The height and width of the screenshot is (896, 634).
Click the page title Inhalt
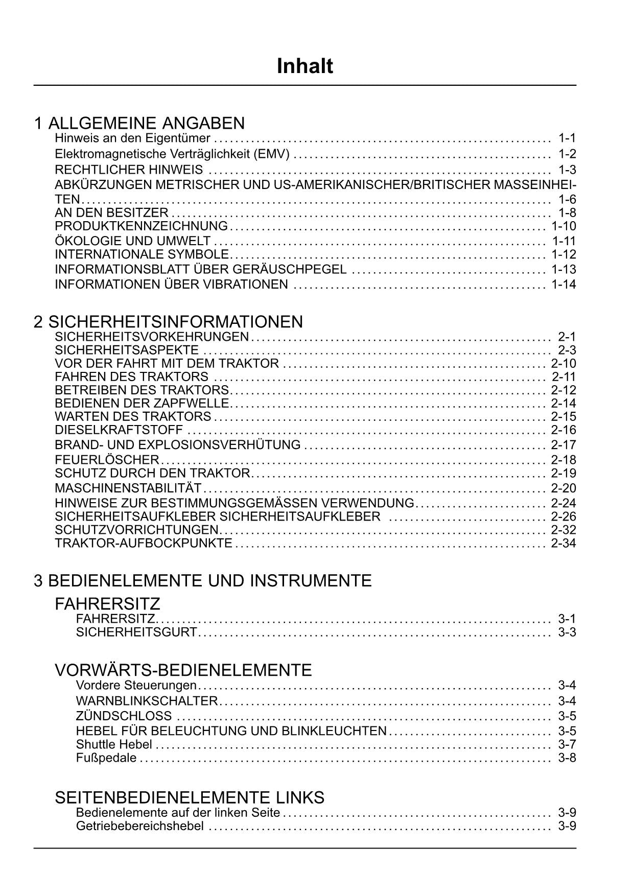[x=304, y=66]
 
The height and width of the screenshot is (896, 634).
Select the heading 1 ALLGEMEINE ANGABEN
[x=139, y=123]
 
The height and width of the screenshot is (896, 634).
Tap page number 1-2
[x=567, y=154]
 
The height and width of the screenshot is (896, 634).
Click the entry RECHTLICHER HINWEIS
[x=129, y=170]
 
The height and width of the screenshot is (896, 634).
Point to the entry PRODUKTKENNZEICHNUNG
[x=141, y=226]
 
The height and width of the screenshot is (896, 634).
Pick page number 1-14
[x=563, y=285]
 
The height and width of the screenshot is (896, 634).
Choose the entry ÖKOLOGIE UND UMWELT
[x=132, y=241]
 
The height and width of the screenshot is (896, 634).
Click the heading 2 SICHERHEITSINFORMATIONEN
[x=168, y=322]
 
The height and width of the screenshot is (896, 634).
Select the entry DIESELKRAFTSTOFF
[x=119, y=430]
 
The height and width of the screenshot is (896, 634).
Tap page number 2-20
[x=563, y=488]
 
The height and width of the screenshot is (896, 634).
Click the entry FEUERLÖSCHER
[x=107, y=459]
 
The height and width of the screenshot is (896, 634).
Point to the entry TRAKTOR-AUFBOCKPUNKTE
[x=144, y=543]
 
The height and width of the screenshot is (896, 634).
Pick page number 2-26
[x=563, y=516]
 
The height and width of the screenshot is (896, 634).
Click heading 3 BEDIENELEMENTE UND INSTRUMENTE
[x=202, y=581]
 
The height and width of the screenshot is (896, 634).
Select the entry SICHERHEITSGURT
[x=136, y=632]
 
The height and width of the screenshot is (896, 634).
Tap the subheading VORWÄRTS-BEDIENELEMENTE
[x=183, y=670]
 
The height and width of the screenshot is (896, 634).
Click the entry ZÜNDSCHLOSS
[x=124, y=716]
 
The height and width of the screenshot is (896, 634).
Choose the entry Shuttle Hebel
[x=114, y=744]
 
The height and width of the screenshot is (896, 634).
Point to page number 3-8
[x=567, y=758]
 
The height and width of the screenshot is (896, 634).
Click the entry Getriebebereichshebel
[x=139, y=826]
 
